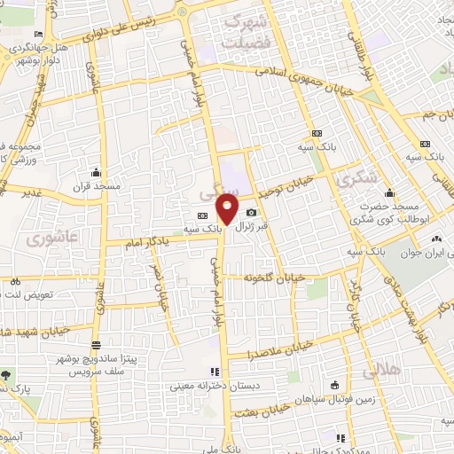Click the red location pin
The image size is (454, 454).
coord(228,209)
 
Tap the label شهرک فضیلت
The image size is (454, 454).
coord(246,29)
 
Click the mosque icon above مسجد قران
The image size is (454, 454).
coord(96,173)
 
